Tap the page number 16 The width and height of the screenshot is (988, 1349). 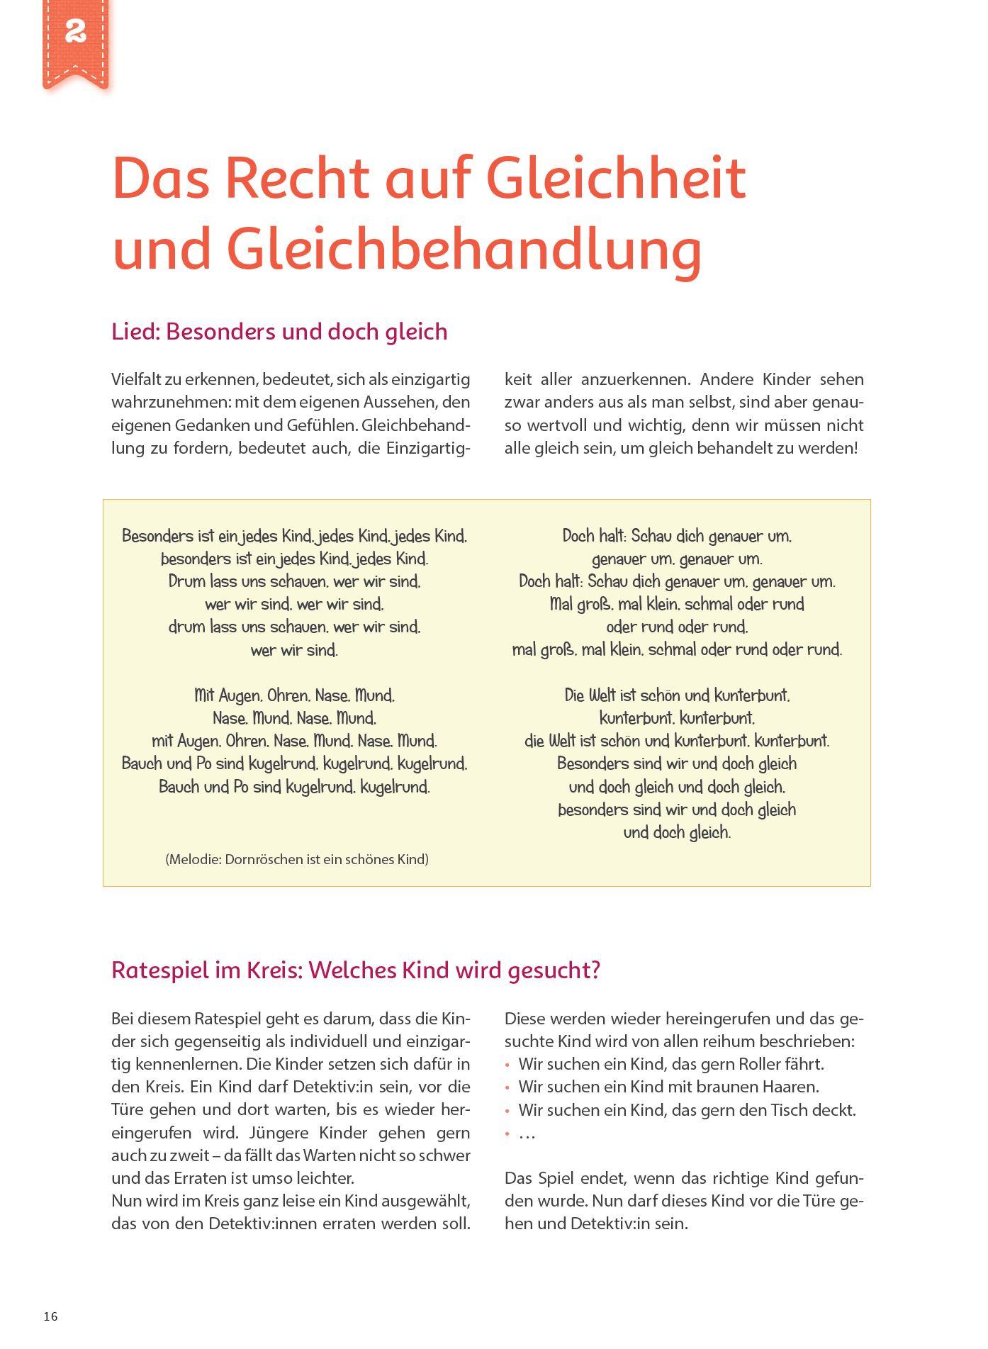point(50,1316)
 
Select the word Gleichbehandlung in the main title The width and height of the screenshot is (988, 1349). point(407,249)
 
